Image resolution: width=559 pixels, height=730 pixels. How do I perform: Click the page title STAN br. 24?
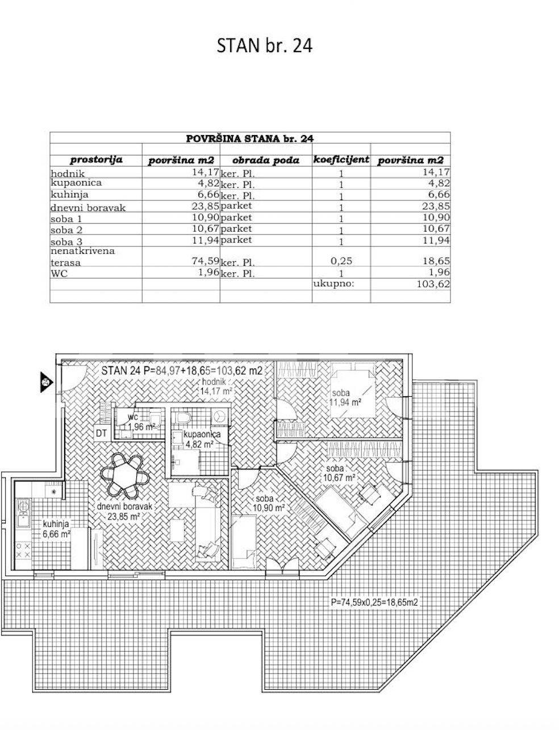click(265, 46)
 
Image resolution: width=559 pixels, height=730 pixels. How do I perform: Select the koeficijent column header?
click(341, 160)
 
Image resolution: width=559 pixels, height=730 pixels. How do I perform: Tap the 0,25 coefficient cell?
click(341, 261)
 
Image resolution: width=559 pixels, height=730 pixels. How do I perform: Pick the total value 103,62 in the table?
click(433, 284)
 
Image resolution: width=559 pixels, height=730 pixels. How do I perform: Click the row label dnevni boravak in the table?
click(88, 208)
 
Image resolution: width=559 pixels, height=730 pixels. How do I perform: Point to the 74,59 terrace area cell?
click(205, 260)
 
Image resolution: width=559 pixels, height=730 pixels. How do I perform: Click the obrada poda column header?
click(265, 160)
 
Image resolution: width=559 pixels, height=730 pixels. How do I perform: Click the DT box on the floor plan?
click(101, 433)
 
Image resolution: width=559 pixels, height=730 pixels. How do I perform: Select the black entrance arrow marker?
click(47, 382)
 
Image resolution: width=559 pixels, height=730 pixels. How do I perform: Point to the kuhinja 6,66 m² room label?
click(56, 529)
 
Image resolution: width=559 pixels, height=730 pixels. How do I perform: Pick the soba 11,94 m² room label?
click(345, 398)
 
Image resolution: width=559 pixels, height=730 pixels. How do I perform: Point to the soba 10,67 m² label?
click(339, 473)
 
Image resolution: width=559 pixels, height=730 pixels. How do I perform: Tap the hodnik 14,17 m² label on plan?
click(216, 387)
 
